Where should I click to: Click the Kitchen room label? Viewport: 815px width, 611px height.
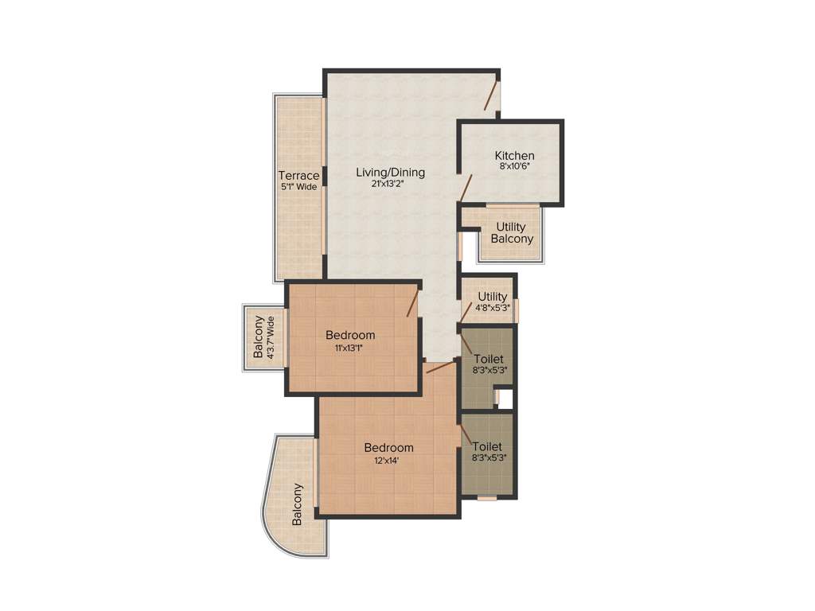pos(514,155)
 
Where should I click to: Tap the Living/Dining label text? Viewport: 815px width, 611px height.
pos(390,172)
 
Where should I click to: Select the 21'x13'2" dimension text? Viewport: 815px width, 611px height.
pos(390,184)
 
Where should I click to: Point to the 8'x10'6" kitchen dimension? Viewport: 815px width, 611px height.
pos(514,167)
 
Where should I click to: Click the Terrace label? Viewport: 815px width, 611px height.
pos(298,176)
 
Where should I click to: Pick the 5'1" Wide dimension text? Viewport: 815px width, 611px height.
pos(298,187)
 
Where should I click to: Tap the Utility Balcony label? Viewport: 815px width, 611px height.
pos(511,232)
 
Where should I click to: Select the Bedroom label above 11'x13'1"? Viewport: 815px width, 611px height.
pos(350,335)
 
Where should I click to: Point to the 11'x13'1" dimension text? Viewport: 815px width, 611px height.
pos(350,348)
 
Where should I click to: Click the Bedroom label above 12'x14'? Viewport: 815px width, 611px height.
pos(388,448)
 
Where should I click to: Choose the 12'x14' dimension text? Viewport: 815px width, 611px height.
pos(388,461)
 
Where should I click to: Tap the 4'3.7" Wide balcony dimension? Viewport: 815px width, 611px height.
pos(271,338)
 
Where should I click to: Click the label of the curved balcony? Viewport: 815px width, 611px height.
pos(298,504)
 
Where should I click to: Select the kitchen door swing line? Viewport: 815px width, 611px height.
pos(466,188)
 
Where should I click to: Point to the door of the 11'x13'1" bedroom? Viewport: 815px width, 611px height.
pos(413,303)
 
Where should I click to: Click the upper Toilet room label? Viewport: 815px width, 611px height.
pos(487,359)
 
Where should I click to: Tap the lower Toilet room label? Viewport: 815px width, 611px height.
pos(487,446)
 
